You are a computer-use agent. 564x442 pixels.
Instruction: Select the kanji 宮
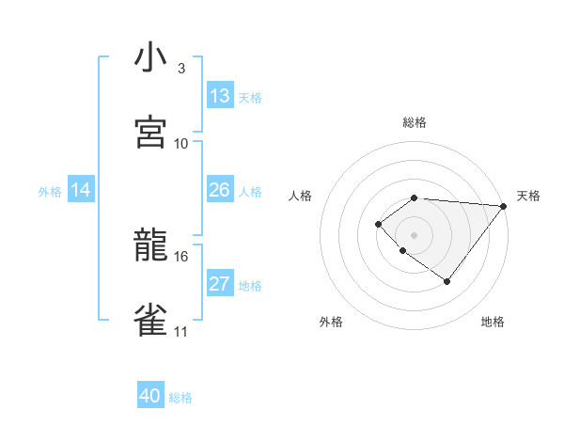tap(151, 133)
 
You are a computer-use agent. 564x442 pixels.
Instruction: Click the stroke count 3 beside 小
tap(181, 69)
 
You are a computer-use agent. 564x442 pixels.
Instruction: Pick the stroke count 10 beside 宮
tap(181, 143)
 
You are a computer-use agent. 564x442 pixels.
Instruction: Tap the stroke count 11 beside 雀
tap(181, 331)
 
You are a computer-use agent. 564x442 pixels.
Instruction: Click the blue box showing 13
tap(219, 96)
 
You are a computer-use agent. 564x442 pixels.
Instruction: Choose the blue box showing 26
tap(219, 190)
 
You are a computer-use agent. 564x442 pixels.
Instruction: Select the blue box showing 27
tap(219, 284)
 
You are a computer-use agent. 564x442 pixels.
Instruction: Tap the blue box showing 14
tap(81, 190)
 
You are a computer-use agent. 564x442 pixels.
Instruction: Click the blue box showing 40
tap(150, 396)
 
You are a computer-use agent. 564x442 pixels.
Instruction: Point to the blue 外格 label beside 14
tap(50, 192)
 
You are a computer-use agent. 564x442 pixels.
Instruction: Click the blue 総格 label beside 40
tap(180, 398)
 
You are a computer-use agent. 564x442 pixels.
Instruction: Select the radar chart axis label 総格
tap(415, 122)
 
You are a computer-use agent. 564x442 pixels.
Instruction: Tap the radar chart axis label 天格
tap(528, 196)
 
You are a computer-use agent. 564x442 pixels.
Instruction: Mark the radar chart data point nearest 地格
tap(447, 281)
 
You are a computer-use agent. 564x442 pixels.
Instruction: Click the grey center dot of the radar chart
tap(415, 234)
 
